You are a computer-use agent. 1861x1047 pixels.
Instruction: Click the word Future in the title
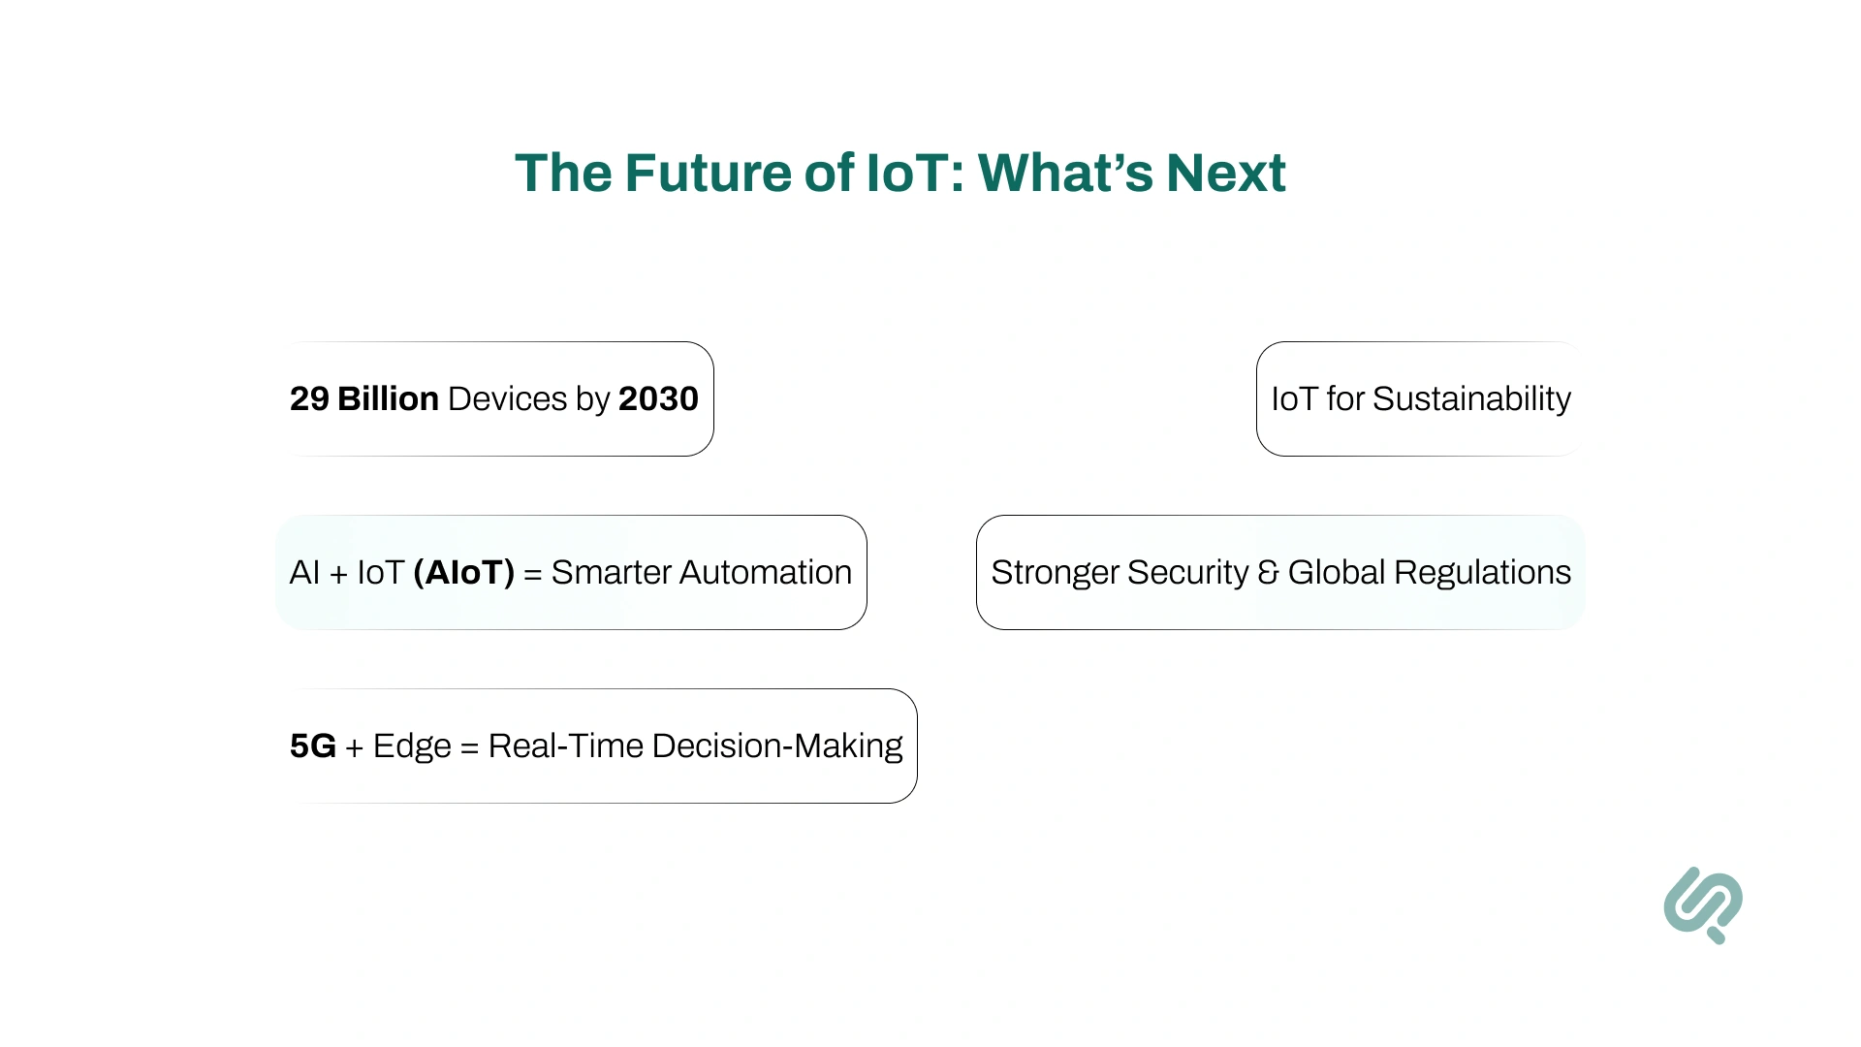pyautogui.click(x=708, y=174)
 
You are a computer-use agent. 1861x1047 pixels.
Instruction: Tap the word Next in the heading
pyautogui.click(x=1225, y=174)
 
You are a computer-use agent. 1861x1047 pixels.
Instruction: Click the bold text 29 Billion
pyautogui.click(x=363, y=398)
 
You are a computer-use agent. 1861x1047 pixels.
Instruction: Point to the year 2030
pyautogui.click(x=658, y=398)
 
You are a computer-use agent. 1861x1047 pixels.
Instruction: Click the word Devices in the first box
pyautogui.click(x=507, y=398)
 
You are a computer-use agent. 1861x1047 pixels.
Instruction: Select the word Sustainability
pyautogui.click(x=1471, y=398)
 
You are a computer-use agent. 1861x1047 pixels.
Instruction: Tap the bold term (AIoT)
pyautogui.click(x=463, y=572)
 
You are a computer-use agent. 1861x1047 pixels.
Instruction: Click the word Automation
pyautogui.click(x=765, y=572)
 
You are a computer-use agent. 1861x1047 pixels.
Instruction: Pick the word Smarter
pyautogui.click(x=611, y=572)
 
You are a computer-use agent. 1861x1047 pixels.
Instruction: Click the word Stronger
pyautogui.click(x=1054, y=572)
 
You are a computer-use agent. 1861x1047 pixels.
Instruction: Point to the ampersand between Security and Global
pyautogui.click(x=1268, y=572)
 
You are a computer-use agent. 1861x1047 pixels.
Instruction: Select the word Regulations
pyautogui.click(x=1482, y=572)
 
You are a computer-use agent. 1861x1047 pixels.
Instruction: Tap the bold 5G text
pyautogui.click(x=312, y=746)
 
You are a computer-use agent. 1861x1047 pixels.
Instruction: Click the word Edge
pyautogui.click(x=412, y=746)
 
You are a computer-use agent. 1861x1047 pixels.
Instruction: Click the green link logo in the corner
pyautogui.click(x=1703, y=904)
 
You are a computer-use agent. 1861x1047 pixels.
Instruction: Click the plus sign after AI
pyautogui.click(x=338, y=574)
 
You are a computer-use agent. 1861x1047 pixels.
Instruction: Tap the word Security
pyautogui.click(x=1187, y=572)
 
